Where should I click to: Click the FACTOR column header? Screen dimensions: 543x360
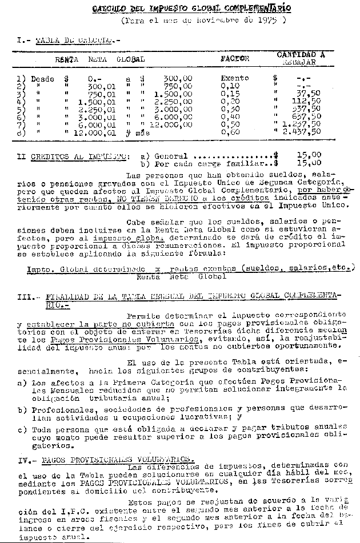tap(235, 59)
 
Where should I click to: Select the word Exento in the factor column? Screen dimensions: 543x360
tap(235, 78)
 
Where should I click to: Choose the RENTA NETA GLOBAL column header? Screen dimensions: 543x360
tap(100, 59)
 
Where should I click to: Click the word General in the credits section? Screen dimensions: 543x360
tap(171, 155)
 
